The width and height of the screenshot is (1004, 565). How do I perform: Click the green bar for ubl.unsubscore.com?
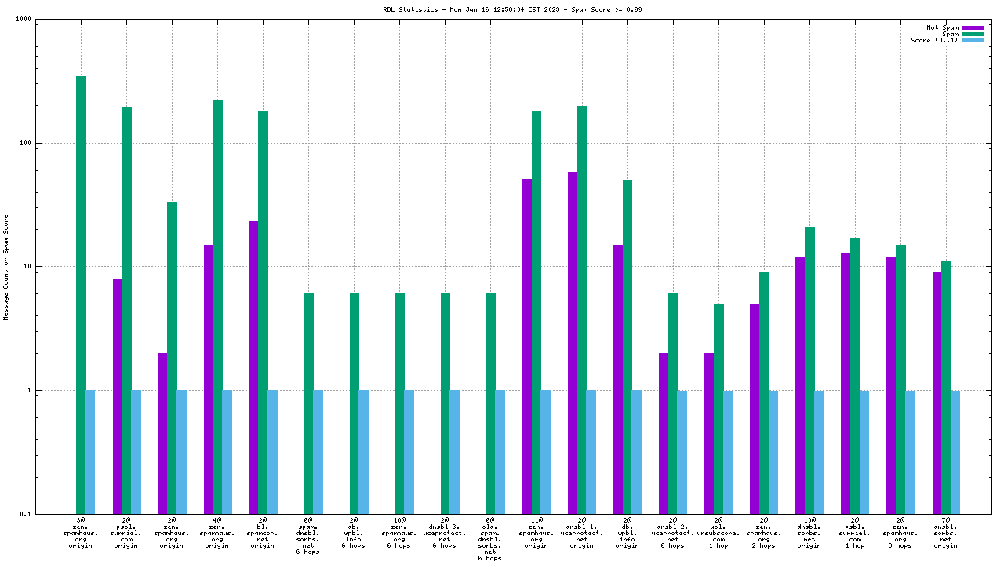718,408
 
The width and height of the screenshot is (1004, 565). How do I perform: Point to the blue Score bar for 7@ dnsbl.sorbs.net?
955,451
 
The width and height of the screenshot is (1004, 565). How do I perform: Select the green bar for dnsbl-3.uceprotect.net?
446,403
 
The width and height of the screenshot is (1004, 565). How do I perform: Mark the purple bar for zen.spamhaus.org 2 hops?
755,408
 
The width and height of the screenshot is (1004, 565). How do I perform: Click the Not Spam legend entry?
943,27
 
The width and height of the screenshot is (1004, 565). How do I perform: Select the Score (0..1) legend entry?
935,40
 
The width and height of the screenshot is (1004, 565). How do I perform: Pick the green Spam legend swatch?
973,34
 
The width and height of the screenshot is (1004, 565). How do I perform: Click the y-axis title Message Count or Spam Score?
6,267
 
